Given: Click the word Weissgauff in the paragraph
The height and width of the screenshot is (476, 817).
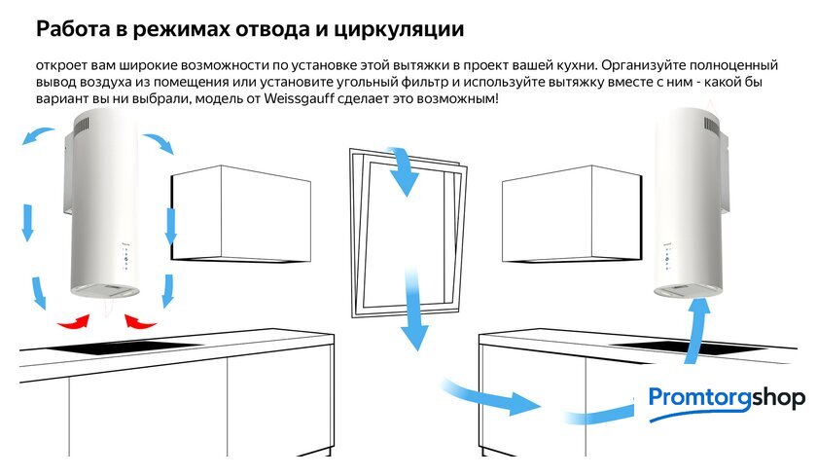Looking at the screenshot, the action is (299, 98).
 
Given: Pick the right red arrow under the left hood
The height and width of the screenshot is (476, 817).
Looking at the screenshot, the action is (140, 321).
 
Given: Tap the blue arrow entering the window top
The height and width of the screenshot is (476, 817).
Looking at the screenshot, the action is (404, 169).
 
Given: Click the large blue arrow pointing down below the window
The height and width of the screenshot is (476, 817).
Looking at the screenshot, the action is (413, 311).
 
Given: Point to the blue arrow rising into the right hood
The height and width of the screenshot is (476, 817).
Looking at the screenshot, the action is (696, 331).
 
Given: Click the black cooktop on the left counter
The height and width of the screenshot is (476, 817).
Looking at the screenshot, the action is (125, 347).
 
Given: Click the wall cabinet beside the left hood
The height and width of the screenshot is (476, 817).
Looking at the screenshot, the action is (241, 214).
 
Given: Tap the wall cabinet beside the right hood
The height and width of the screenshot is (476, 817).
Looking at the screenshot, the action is (572, 214).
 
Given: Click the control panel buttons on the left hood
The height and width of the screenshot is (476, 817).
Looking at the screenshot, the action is (125, 258).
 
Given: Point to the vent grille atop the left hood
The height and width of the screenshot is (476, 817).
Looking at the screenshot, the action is (82, 126).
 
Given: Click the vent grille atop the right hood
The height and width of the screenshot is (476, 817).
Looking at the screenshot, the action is (712, 124).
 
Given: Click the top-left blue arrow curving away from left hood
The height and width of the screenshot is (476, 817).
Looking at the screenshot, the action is (38, 135).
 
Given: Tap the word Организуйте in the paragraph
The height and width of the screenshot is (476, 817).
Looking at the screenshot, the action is (644, 65).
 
